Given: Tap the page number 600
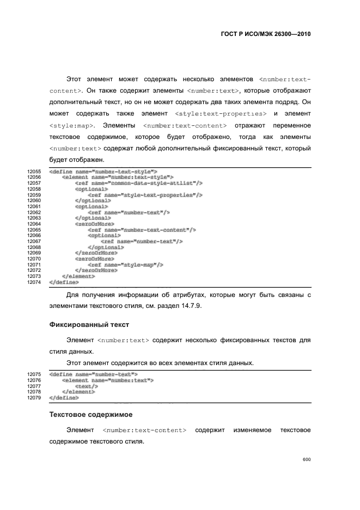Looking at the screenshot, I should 306,459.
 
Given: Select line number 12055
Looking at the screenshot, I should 34,172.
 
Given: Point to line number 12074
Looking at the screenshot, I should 34,282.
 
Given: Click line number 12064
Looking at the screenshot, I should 34,224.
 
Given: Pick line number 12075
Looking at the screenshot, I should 34,374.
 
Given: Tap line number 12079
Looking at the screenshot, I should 34,398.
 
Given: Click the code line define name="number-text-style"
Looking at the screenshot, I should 103,172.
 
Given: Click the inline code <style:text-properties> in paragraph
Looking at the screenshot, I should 221,113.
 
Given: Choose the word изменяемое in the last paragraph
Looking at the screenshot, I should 252,430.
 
